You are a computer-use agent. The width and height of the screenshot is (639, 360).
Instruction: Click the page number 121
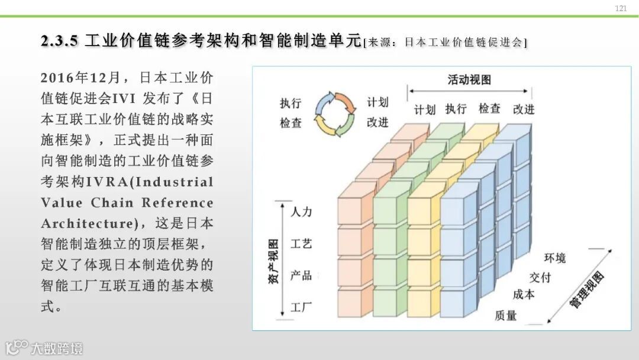click(621, 8)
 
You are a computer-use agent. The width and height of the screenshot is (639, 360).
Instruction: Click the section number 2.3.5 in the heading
click(59, 41)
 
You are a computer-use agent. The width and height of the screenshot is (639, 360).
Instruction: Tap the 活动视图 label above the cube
click(469, 80)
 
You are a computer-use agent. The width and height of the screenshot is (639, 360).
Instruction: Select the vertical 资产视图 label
click(273, 262)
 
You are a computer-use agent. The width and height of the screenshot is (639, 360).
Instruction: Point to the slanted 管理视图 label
click(586, 290)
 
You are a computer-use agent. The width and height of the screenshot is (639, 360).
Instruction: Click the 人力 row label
click(301, 211)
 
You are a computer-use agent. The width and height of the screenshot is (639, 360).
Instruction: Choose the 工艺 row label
click(301, 243)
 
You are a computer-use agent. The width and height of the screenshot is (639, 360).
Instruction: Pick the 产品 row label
click(301, 275)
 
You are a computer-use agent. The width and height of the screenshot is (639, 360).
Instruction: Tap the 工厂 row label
click(301, 307)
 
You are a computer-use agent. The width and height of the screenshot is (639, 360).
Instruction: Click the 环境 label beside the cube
click(554, 258)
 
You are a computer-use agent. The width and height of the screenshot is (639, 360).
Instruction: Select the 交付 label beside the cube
click(540, 277)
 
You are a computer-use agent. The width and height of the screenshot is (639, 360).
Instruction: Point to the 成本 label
click(523, 295)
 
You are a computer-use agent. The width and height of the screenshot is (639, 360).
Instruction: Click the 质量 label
click(506, 315)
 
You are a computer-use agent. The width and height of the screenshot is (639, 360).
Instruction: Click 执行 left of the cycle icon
click(291, 103)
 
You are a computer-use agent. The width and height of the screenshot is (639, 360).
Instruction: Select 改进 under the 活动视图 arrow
click(524, 109)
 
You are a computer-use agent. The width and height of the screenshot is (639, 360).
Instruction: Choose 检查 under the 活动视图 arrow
click(489, 109)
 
